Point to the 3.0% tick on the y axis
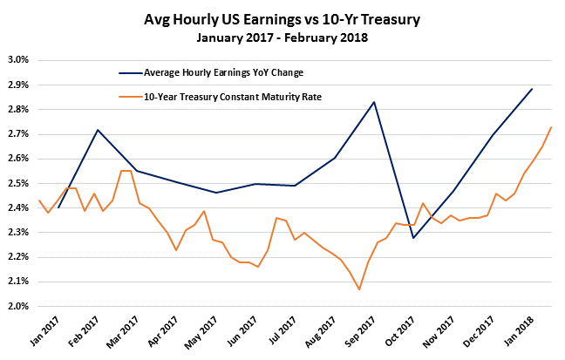coord(19,60)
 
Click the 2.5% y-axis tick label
coord(19,183)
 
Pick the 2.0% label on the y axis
coord(19,306)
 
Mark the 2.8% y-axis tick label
coord(19,109)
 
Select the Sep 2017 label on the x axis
coord(348,331)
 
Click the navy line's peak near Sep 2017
coord(374,102)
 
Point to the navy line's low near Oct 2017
coord(413,238)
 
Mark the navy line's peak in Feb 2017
coord(98,130)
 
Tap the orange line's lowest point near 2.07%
coord(358,289)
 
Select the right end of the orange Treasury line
coord(551,127)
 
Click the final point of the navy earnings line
coord(532,89)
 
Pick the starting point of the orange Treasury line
coord(39,200)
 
